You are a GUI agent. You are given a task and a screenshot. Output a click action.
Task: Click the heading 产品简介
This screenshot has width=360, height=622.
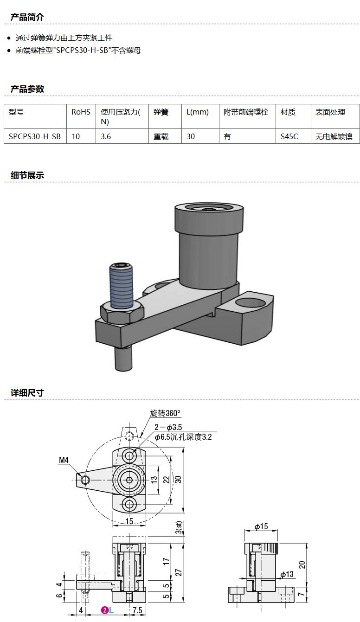click(27, 17)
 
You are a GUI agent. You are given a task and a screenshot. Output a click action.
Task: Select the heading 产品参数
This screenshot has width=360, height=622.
click(27, 89)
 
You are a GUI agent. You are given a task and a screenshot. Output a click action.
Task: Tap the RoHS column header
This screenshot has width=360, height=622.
click(81, 112)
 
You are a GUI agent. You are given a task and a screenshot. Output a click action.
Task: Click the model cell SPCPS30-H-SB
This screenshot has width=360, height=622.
click(35, 137)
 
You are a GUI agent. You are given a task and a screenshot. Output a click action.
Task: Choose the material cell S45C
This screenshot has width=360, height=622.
click(289, 137)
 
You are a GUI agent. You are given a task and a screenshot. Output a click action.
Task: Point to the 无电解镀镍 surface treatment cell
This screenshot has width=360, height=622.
click(334, 137)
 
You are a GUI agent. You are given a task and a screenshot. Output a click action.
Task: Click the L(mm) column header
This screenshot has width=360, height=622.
click(198, 112)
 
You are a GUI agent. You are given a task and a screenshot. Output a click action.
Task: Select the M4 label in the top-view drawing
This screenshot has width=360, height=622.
click(64, 460)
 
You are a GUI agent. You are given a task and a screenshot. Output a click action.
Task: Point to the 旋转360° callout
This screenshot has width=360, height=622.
click(165, 413)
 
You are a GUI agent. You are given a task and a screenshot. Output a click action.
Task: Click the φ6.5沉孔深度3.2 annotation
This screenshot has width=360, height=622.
click(183, 437)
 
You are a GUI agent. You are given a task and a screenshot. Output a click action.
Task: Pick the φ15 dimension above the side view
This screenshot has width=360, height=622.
click(261, 527)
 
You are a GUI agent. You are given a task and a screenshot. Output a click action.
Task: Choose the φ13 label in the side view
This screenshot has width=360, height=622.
click(287, 574)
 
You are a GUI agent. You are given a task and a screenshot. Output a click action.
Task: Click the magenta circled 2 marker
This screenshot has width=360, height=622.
click(105, 610)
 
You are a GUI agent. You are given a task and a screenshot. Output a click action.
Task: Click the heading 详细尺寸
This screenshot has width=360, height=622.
click(27, 393)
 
